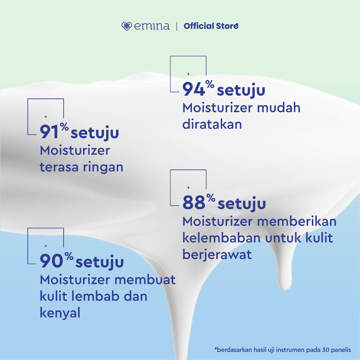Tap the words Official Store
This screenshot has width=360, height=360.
pos(211,26)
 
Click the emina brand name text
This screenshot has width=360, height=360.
pos(152,26)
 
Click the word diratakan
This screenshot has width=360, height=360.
pos(212,124)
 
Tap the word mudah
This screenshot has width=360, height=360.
pos(278,108)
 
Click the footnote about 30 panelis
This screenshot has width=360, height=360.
pos(282,349)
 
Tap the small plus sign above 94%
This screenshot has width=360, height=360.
pos(188,74)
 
